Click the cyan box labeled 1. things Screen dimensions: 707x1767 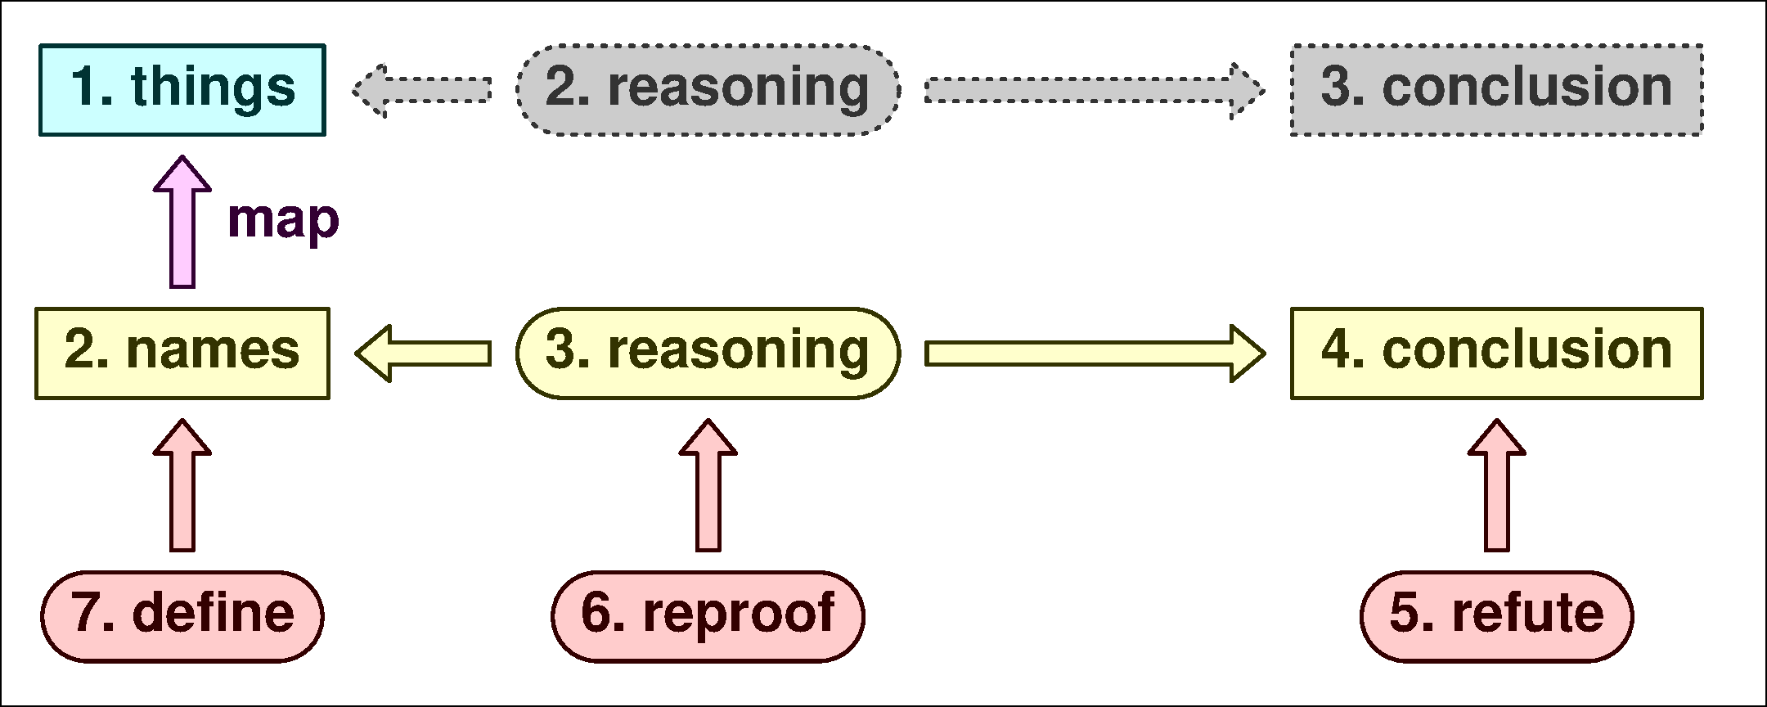point(182,90)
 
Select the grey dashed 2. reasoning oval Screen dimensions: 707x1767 point(708,90)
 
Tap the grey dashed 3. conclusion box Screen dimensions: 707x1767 point(1496,90)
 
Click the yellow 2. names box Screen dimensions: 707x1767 point(182,353)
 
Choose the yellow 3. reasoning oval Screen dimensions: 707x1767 point(708,353)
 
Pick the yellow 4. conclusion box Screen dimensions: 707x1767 point(1496,353)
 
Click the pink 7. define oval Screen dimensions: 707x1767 point(182,616)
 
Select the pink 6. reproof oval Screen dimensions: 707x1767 point(708,616)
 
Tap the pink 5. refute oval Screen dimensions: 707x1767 point(1496,616)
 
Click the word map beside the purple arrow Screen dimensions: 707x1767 point(283,219)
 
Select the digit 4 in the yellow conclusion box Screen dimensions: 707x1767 point(1337,350)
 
